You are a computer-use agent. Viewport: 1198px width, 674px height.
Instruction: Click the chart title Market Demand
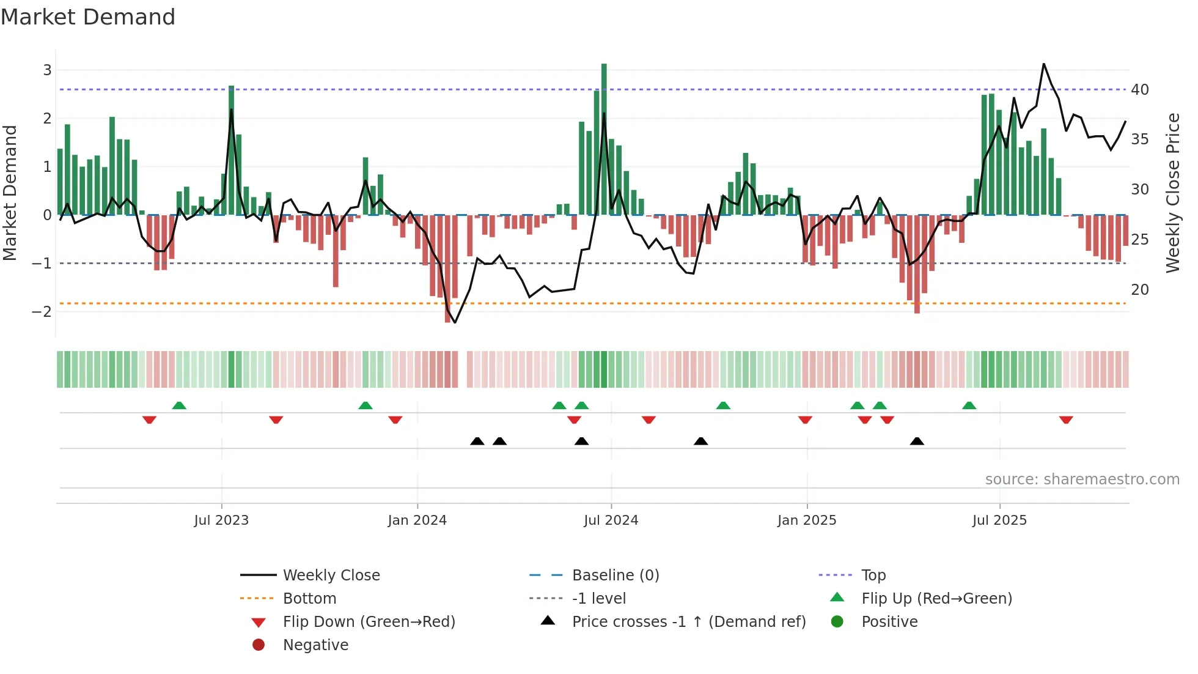tap(88, 17)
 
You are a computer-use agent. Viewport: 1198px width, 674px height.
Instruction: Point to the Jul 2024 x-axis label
tap(611, 520)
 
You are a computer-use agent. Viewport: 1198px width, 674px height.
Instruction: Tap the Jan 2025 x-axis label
tap(806, 520)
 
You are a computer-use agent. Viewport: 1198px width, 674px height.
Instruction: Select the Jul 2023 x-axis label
tap(221, 520)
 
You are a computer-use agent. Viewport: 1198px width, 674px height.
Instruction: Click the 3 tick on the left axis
tap(47, 70)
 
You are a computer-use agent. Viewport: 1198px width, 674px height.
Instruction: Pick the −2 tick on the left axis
tap(42, 312)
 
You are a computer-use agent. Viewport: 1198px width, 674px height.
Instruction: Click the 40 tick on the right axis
tap(1139, 90)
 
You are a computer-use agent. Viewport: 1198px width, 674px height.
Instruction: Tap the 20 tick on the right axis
tap(1139, 290)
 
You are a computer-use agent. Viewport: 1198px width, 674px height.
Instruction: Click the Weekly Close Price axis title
tap(1172, 193)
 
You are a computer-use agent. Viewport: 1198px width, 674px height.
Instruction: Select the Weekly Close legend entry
tap(331, 576)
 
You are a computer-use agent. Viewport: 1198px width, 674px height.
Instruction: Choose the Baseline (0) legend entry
tap(615, 576)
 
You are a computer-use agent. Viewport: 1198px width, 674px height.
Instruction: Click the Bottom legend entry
tap(309, 599)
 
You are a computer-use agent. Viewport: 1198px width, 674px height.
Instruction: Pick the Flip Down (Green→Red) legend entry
tap(369, 622)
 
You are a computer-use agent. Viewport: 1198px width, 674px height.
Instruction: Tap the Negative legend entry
tap(315, 645)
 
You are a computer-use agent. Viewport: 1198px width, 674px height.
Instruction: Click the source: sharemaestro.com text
tap(1082, 480)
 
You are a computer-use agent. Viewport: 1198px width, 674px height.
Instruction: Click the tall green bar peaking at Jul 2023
tap(232, 150)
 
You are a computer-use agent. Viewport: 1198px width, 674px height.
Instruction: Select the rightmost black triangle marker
tap(917, 441)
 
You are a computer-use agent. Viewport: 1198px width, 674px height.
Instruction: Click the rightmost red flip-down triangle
tap(1066, 420)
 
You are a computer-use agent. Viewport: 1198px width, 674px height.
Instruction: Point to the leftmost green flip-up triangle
tap(179, 406)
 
